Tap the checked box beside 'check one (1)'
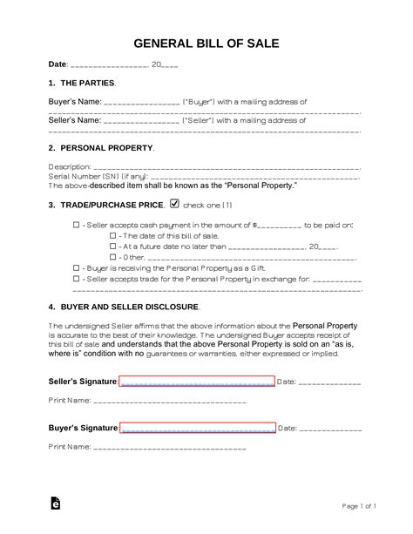coord(174,204)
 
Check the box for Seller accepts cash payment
coord(76,225)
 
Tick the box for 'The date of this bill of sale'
coord(112,236)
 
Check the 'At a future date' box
coord(112,247)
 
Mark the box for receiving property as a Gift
coord(76,269)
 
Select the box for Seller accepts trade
coord(76,281)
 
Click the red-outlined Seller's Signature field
coord(197,381)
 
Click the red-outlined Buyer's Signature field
coord(197,428)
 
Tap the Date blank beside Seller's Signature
coord(330,382)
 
